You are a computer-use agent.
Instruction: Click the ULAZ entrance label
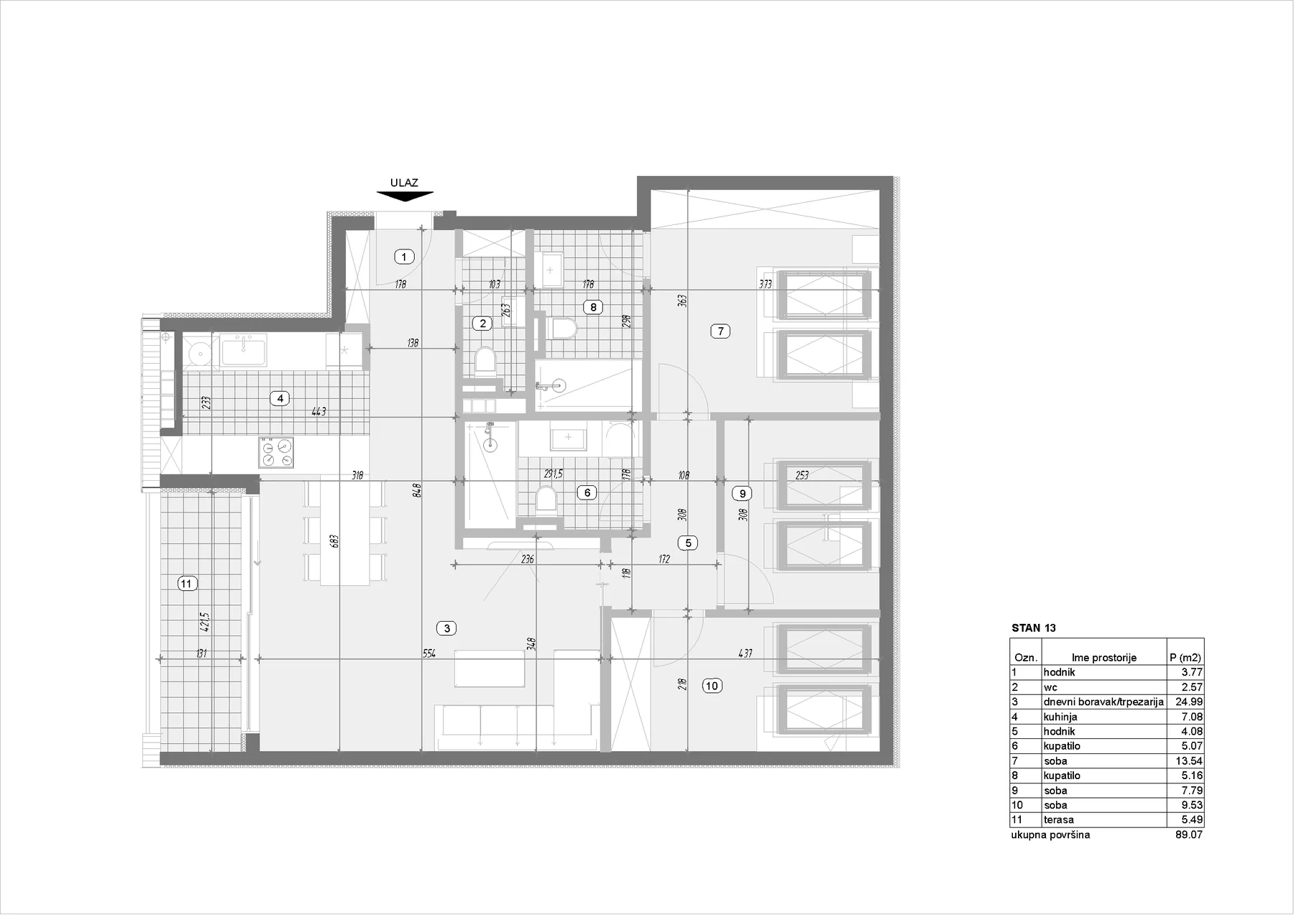pos(404,183)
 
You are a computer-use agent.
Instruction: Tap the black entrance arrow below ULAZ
pos(405,196)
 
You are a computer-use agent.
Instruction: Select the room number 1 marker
pos(404,257)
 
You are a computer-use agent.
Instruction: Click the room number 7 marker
pos(720,331)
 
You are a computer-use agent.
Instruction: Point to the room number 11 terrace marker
pos(187,584)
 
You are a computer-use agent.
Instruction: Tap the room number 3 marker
pos(446,628)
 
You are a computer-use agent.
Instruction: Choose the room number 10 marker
pos(712,686)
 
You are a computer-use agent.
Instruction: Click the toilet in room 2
pos(486,362)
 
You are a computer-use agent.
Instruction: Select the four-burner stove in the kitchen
pos(277,452)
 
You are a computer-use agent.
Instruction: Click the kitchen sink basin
pos(244,352)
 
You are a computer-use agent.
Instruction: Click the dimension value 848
pos(416,490)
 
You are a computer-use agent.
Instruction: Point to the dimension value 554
pos(429,653)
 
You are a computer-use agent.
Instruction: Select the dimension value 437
pos(745,653)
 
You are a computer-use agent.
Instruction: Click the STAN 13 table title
pos(1034,627)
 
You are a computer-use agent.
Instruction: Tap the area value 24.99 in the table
pos(1187,702)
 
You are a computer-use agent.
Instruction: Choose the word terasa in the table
pos(1058,819)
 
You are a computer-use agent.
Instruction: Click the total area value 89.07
pos(1187,834)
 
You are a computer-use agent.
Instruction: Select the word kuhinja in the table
pos(1060,717)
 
